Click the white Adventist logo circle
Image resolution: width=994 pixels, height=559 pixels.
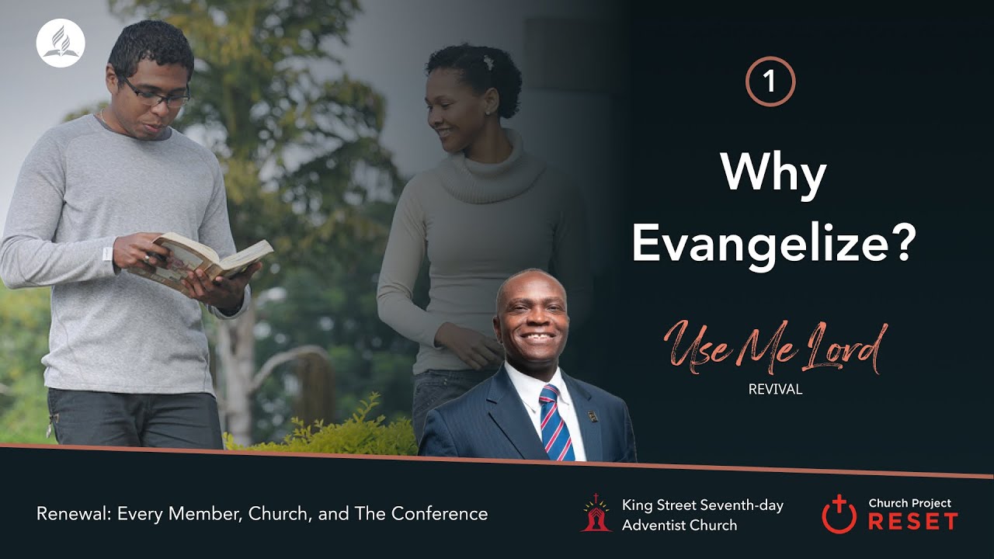pos(60,44)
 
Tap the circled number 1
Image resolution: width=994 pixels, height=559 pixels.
pos(770,82)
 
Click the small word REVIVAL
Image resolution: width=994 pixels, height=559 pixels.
pos(775,390)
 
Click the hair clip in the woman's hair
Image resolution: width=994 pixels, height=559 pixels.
pos(488,61)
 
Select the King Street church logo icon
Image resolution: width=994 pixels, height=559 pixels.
pos(596,513)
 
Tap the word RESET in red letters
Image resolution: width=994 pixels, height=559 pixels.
pos(912,522)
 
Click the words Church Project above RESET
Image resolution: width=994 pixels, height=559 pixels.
pos(909,503)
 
